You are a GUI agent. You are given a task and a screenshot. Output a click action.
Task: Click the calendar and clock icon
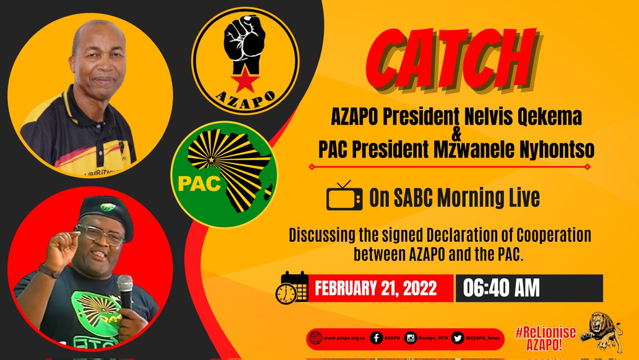[292, 288]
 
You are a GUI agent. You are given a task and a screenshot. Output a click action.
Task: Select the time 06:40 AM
[501, 288]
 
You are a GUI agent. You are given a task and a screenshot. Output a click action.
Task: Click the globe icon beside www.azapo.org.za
[315, 339]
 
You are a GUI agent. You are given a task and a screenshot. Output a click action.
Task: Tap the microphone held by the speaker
[126, 292]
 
